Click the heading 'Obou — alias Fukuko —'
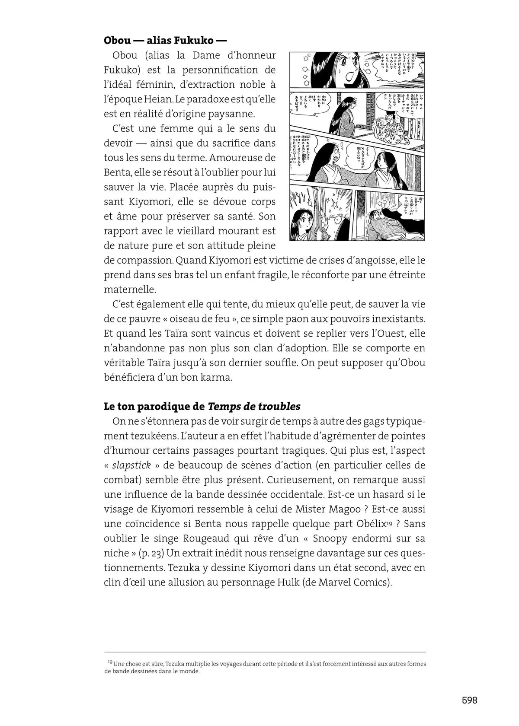(x=165, y=41)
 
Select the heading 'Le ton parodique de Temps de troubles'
(x=202, y=407)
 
